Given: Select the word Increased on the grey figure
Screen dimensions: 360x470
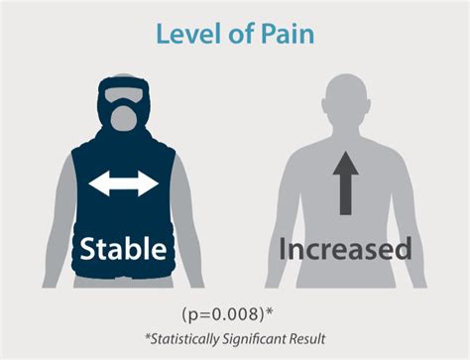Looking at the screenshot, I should coord(344,247).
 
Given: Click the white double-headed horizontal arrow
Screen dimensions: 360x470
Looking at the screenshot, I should coord(123,183).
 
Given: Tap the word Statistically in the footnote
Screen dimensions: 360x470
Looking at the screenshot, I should coord(186,339).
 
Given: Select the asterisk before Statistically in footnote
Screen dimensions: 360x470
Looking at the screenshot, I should coord(145,336).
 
